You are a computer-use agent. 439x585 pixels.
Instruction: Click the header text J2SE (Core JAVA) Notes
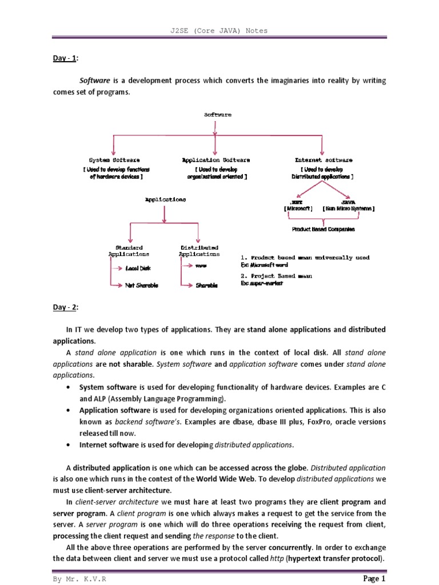[219, 30]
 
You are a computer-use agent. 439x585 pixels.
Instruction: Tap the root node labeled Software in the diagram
[218, 115]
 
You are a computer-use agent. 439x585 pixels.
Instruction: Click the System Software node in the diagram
[114, 161]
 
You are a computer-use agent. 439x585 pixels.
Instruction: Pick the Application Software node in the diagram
[215, 161]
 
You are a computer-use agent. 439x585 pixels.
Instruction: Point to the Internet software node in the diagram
[324, 161]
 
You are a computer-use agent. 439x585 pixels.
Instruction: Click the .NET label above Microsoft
[297, 202]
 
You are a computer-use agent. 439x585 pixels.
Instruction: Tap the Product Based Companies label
[323, 229]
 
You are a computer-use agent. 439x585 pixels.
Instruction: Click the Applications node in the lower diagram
[165, 200]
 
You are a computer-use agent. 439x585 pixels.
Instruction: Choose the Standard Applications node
[129, 251]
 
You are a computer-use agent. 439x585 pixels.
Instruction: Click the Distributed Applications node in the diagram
[198, 251]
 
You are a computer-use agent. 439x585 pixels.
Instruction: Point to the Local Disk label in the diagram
[138, 268]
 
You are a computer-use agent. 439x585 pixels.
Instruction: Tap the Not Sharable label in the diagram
[141, 285]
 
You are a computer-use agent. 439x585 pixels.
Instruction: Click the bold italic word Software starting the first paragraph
[94, 81]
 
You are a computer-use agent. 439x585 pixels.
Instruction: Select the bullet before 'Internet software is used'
[69, 444]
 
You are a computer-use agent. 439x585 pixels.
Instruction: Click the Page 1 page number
[375, 578]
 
